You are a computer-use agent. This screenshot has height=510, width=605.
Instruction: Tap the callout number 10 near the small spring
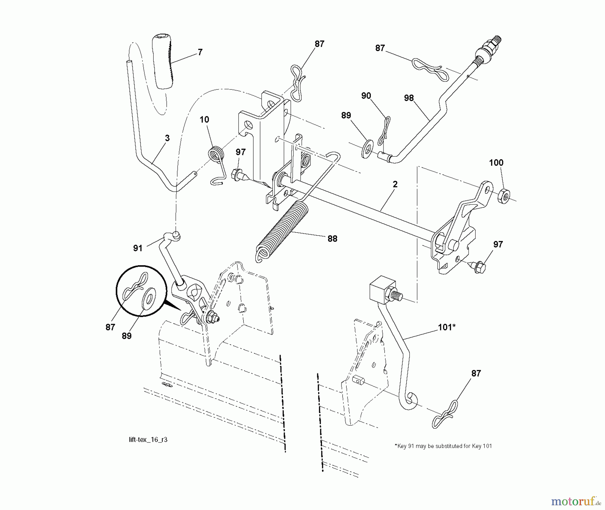pos(204,120)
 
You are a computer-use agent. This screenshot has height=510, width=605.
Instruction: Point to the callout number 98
pos(409,98)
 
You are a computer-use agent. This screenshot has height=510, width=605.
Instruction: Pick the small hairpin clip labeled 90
pos(384,131)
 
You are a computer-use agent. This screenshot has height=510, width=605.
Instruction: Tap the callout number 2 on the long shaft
pos(395,184)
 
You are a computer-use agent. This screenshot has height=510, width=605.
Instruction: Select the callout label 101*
pos(446,327)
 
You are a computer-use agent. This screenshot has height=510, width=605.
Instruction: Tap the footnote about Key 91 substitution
pos(443,446)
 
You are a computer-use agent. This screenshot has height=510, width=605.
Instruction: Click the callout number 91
pos(138,248)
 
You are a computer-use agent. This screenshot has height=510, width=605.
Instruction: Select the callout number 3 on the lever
pos(167,138)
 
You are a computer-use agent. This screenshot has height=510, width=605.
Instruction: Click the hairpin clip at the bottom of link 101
pos(444,414)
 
